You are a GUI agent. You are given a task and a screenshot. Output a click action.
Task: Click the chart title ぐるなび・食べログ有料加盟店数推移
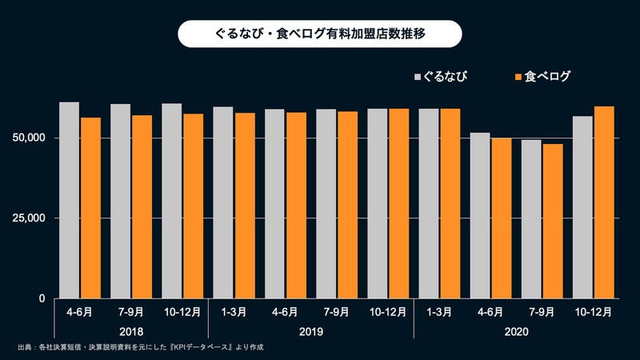tap(319, 35)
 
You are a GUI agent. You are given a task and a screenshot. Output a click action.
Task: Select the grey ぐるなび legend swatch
tap(417, 77)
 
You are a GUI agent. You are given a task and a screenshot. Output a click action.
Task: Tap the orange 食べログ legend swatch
tap(517, 77)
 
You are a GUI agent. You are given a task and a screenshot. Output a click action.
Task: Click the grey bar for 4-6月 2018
tap(69, 200)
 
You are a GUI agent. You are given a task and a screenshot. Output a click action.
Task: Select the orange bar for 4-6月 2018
tap(90, 208)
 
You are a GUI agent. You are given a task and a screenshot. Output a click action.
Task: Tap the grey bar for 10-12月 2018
tap(171, 201)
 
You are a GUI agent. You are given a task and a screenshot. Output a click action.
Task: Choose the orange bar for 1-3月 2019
tap(244, 206)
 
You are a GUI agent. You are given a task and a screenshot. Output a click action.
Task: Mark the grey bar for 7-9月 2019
tap(326, 204)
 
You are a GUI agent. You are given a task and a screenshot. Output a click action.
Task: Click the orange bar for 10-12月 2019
tap(398, 204)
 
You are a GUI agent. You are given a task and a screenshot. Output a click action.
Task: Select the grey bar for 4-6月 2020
tap(479, 215)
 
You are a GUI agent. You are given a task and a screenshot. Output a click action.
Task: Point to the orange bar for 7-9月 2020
tap(553, 221)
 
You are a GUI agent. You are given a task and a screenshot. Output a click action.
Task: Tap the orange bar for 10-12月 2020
tap(604, 202)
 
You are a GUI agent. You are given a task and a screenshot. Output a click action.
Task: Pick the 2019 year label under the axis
tap(310, 330)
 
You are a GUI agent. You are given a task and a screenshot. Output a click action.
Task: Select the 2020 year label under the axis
tap(516, 330)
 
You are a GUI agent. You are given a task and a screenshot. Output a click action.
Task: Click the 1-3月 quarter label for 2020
tap(438, 311)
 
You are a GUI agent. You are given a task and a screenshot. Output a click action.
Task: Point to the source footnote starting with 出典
tap(140, 348)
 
